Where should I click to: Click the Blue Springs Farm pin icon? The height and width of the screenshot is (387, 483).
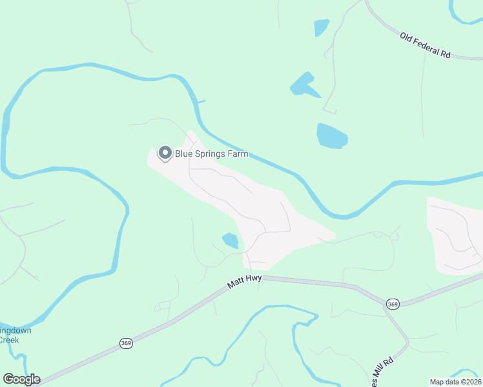165,153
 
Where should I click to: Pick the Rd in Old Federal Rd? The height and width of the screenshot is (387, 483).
445,54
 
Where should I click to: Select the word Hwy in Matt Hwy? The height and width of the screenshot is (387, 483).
252,277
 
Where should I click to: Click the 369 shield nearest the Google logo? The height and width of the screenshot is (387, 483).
126,344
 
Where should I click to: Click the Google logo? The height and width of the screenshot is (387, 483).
21,379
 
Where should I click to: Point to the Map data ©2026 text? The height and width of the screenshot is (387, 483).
456,382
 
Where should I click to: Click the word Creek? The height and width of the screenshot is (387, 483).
9,340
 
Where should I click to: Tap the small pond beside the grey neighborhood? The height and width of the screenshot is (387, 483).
231,241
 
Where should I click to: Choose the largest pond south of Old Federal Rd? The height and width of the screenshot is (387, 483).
331,135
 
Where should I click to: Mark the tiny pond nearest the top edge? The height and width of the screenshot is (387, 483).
321,27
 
